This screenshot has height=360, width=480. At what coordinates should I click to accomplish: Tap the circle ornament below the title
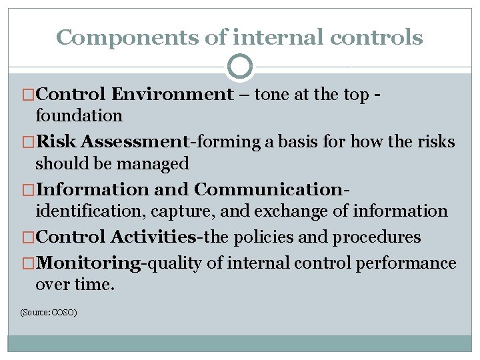(x=240, y=67)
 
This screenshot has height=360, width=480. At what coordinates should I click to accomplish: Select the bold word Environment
(x=173, y=95)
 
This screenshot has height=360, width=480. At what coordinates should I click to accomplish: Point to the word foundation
(x=79, y=116)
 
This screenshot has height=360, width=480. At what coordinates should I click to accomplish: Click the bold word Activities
(x=153, y=237)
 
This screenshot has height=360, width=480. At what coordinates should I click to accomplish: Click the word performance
(x=406, y=263)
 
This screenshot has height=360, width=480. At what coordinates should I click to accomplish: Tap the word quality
(x=175, y=263)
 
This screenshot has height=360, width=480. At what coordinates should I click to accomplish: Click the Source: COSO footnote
(x=49, y=311)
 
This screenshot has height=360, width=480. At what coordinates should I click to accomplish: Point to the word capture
(x=179, y=211)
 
